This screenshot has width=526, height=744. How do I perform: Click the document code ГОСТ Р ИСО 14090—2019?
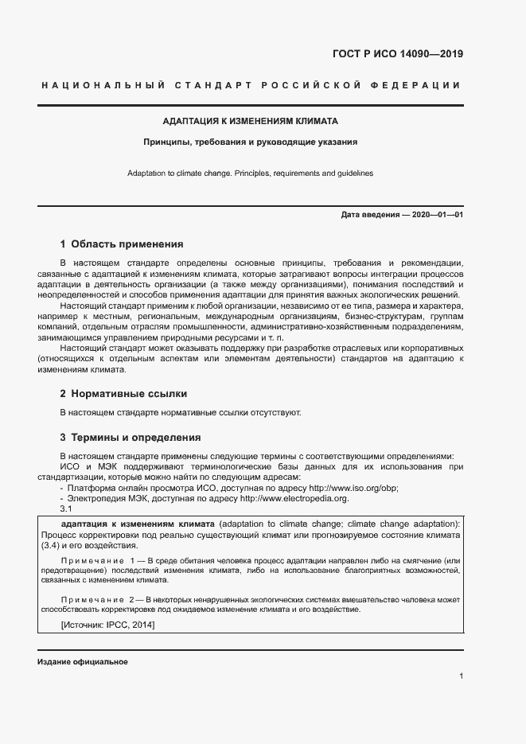point(397,55)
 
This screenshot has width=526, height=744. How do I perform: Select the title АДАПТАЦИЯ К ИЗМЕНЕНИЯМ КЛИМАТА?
point(251,122)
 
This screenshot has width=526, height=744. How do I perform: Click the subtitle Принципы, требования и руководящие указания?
point(251,142)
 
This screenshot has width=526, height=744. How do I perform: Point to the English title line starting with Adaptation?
point(251,173)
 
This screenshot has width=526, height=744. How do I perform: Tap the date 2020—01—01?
point(437,216)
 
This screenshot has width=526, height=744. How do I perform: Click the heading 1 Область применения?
point(122,244)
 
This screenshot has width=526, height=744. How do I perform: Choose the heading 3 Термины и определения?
point(131,438)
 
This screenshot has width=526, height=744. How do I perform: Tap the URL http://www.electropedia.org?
point(294,498)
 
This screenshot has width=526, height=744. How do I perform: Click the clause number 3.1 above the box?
point(66,509)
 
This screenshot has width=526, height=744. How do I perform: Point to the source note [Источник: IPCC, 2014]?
point(107,625)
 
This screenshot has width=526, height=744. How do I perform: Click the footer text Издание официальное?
point(82,662)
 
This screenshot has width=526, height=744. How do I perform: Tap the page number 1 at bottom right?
point(461,676)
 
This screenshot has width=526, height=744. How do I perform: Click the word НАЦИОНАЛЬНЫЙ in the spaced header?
point(102,85)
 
